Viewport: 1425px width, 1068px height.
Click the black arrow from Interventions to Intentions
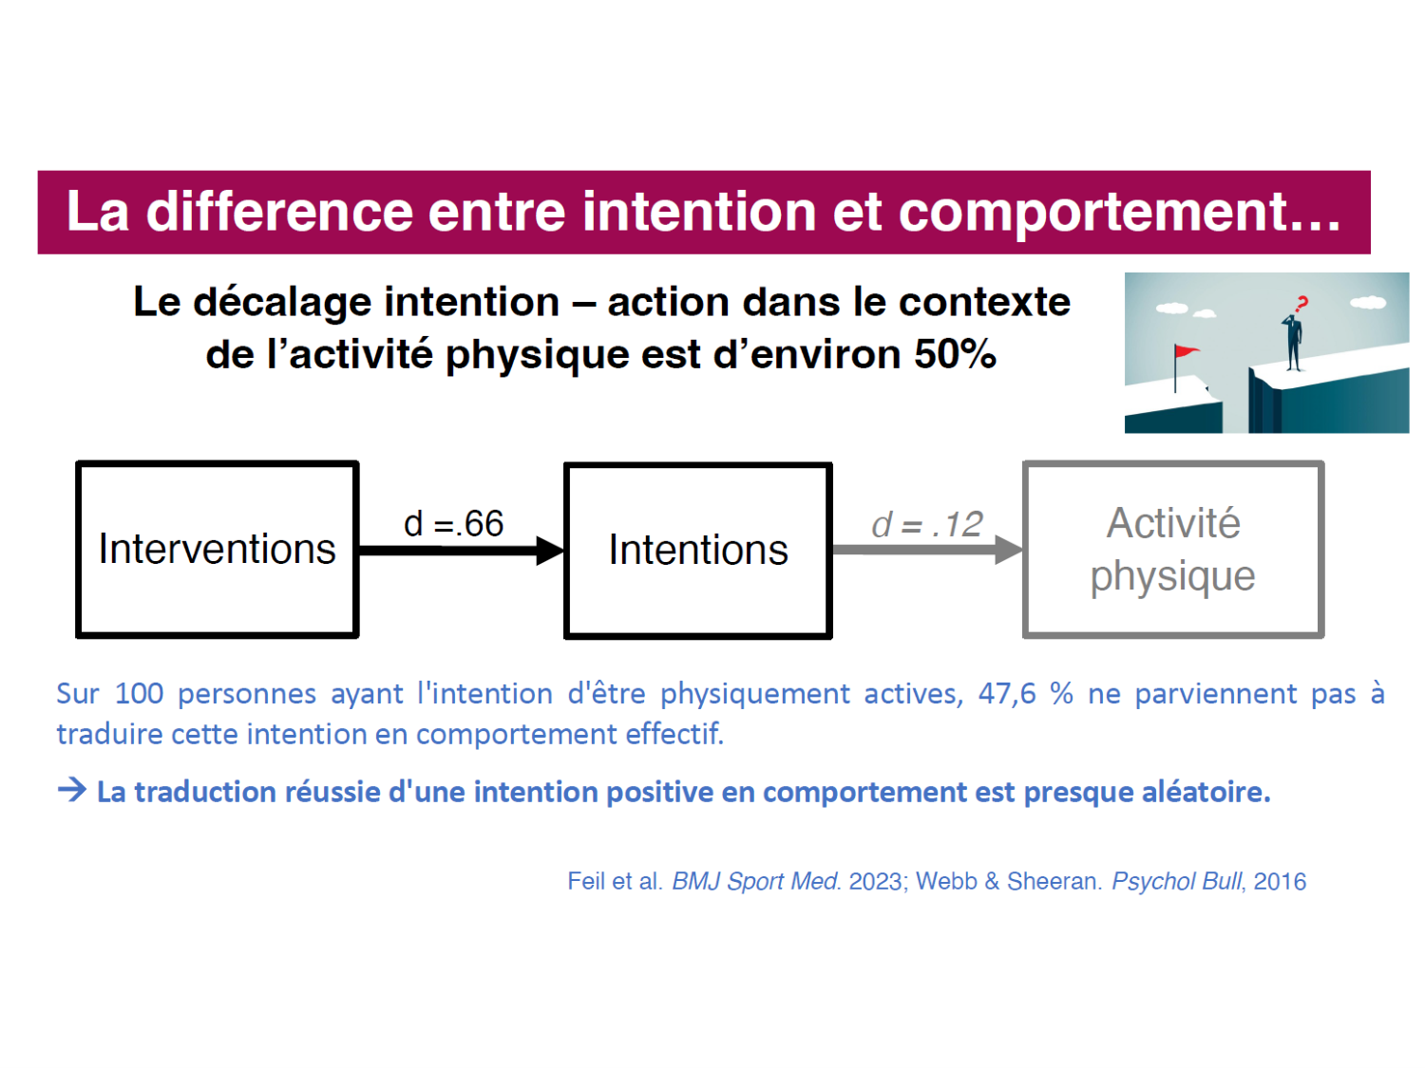462,551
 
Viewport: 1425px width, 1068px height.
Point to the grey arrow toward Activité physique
928,550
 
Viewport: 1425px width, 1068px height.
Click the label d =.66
453,523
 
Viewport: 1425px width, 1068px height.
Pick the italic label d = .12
926,524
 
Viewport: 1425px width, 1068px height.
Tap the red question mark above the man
1301,304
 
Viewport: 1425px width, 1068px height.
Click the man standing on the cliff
1293,343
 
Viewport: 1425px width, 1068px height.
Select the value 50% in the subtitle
955,354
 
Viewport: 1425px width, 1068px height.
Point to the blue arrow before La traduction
71,790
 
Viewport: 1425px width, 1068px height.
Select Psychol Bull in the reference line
1177,882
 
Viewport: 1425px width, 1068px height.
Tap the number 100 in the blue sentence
139,694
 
